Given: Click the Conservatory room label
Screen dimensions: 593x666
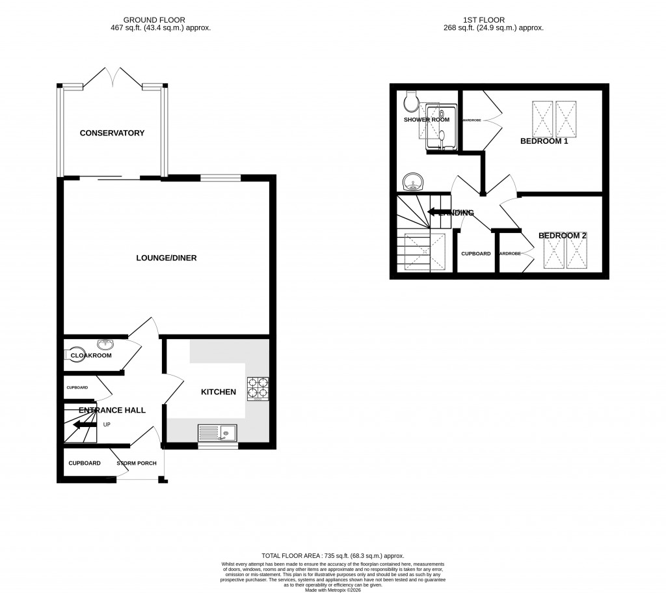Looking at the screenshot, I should click(112, 133).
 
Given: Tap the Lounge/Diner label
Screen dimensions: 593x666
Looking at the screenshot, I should click(166, 258).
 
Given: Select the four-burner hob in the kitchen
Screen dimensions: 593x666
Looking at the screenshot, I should click(258, 388).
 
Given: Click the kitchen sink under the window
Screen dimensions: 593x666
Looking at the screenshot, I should click(218, 433).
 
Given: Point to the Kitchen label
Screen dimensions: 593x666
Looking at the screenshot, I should click(218, 392).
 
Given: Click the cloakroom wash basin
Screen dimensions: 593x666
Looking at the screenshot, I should click(105, 344).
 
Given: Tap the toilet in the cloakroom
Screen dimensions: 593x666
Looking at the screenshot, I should click(72, 355).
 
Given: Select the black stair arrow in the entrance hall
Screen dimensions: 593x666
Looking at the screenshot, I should click(85, 425).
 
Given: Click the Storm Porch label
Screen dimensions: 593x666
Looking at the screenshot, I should click(137, 463).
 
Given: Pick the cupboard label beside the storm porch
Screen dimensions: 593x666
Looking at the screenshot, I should click(85, 463).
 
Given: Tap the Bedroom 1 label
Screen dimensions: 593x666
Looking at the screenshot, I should click(544, 141).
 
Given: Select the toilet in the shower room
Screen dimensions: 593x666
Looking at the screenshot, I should click(410, 100).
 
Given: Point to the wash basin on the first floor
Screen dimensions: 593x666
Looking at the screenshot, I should click(411, 181).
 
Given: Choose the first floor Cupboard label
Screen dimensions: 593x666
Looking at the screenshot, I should click(475, 253).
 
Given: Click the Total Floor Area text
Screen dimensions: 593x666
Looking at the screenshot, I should click(332, 555).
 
